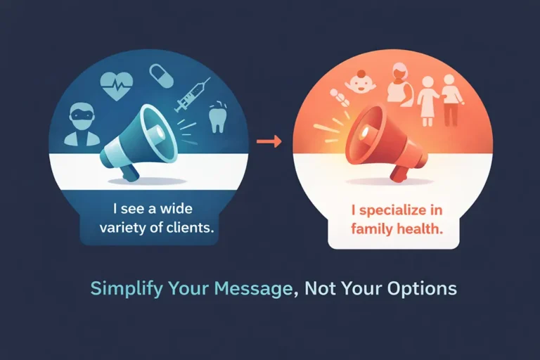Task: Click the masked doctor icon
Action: pyautogui.click(x=82, y=124)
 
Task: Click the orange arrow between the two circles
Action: pyautogui.click(x=269, y=142)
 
